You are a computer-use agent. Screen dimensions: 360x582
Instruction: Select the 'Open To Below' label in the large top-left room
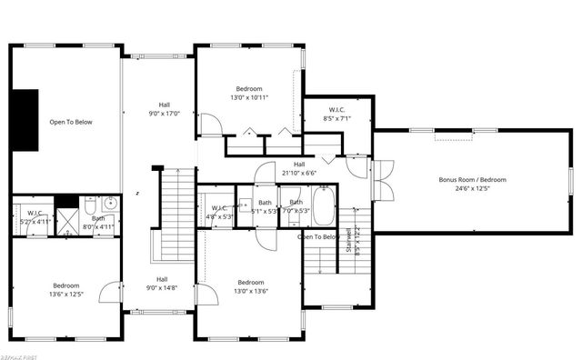pos(70,122)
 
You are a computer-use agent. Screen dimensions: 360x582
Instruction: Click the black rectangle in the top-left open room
pos(26,120)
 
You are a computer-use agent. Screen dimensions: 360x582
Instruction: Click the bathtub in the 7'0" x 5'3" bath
pos(324,206)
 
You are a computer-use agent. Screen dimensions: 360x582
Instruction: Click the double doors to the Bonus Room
pos(381,179)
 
